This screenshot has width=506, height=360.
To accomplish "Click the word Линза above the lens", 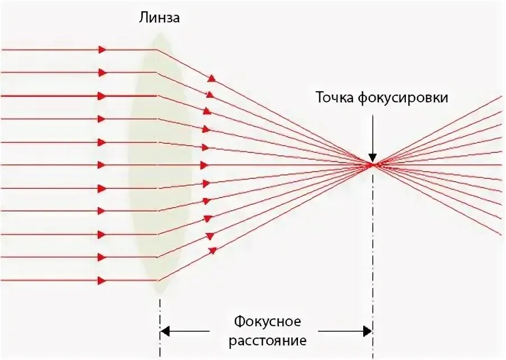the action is [160, 19].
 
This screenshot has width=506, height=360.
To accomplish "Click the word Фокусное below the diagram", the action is [268, 322].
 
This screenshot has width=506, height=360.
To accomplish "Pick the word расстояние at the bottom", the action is [268, 340].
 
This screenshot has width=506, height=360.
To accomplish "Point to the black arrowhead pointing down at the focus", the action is [372, 157].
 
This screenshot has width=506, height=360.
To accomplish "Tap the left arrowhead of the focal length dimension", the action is [165, 331].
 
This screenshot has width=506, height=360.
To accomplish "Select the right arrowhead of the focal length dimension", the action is [367, 331].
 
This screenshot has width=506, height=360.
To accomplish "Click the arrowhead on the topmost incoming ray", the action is [102, 49].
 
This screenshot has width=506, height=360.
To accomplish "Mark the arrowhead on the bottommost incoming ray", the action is [102, 280].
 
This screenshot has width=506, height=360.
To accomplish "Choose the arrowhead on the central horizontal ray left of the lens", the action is [102, 165].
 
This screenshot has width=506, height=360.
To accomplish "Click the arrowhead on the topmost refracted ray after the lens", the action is [211, 79].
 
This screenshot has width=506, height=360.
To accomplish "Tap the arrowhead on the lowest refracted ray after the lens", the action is [212, 251].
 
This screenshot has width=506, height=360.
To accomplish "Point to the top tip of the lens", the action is [160, 35].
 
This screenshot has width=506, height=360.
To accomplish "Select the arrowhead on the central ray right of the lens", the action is [204, 165].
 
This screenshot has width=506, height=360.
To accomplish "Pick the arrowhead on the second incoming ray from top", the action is [102, 73].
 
